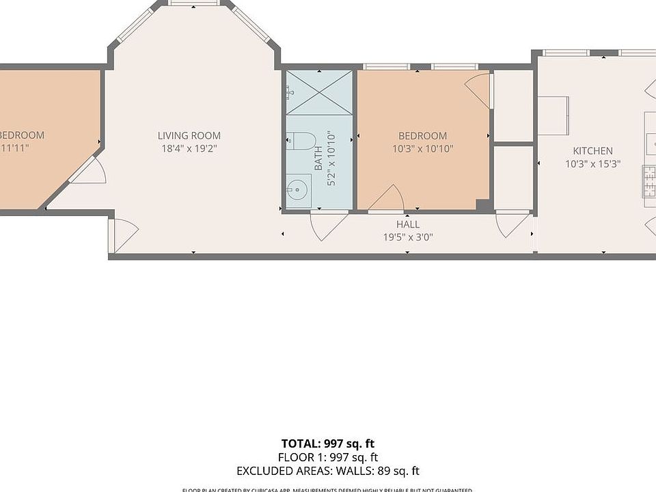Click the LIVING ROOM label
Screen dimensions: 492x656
click(x=189, y=135)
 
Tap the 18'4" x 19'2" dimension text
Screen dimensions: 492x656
click(x=189, y=148)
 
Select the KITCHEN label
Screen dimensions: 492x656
click(x=592, y=150)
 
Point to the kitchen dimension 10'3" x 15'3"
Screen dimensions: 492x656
click(x=592, y=163)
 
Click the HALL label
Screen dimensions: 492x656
click(x=408, y=224)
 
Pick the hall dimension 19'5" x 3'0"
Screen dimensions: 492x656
click(x=408, y=237)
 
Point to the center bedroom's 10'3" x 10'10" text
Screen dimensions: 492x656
click(x=423, y=148)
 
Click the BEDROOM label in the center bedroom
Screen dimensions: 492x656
click(x=423, y=135)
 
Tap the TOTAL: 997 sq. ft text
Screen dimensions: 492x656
click(x=328, y=443)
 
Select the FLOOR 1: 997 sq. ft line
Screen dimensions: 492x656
click(x=328, y=457)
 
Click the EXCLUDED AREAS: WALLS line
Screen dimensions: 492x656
click(x=328, y=471)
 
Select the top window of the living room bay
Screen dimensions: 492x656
click(x=194, y=4)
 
